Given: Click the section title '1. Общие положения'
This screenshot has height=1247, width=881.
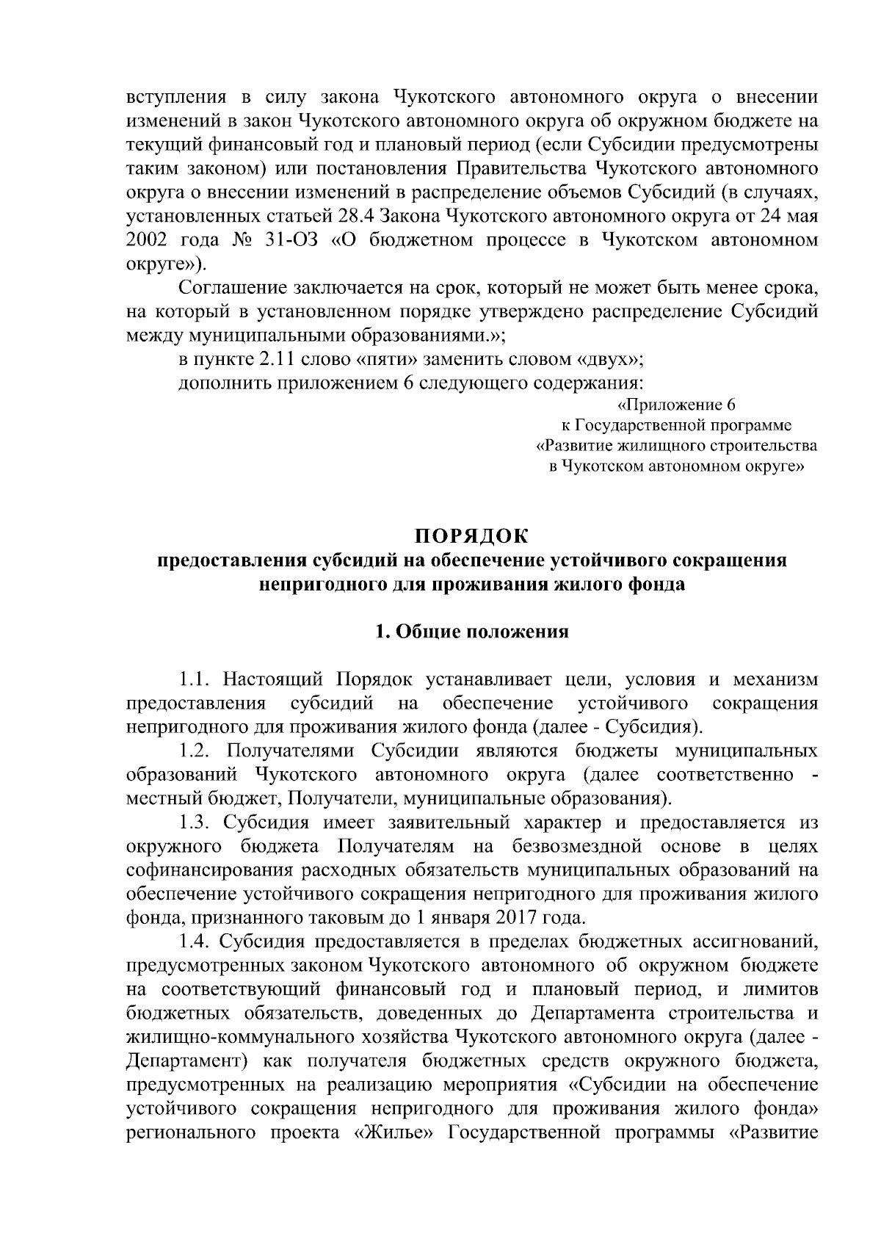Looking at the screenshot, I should point(471,632).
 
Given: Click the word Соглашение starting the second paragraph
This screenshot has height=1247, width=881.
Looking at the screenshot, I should point(232,288).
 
